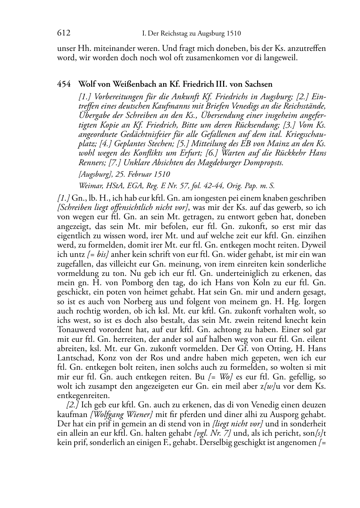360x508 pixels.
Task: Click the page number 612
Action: click(x=63, y=33)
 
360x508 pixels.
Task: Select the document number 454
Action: click(x=63, y=85)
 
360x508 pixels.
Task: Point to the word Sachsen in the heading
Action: click(x=259, y=85)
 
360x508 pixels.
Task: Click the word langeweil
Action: click(x=280, y=58)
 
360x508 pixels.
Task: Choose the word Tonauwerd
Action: click(x=75, y=330)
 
